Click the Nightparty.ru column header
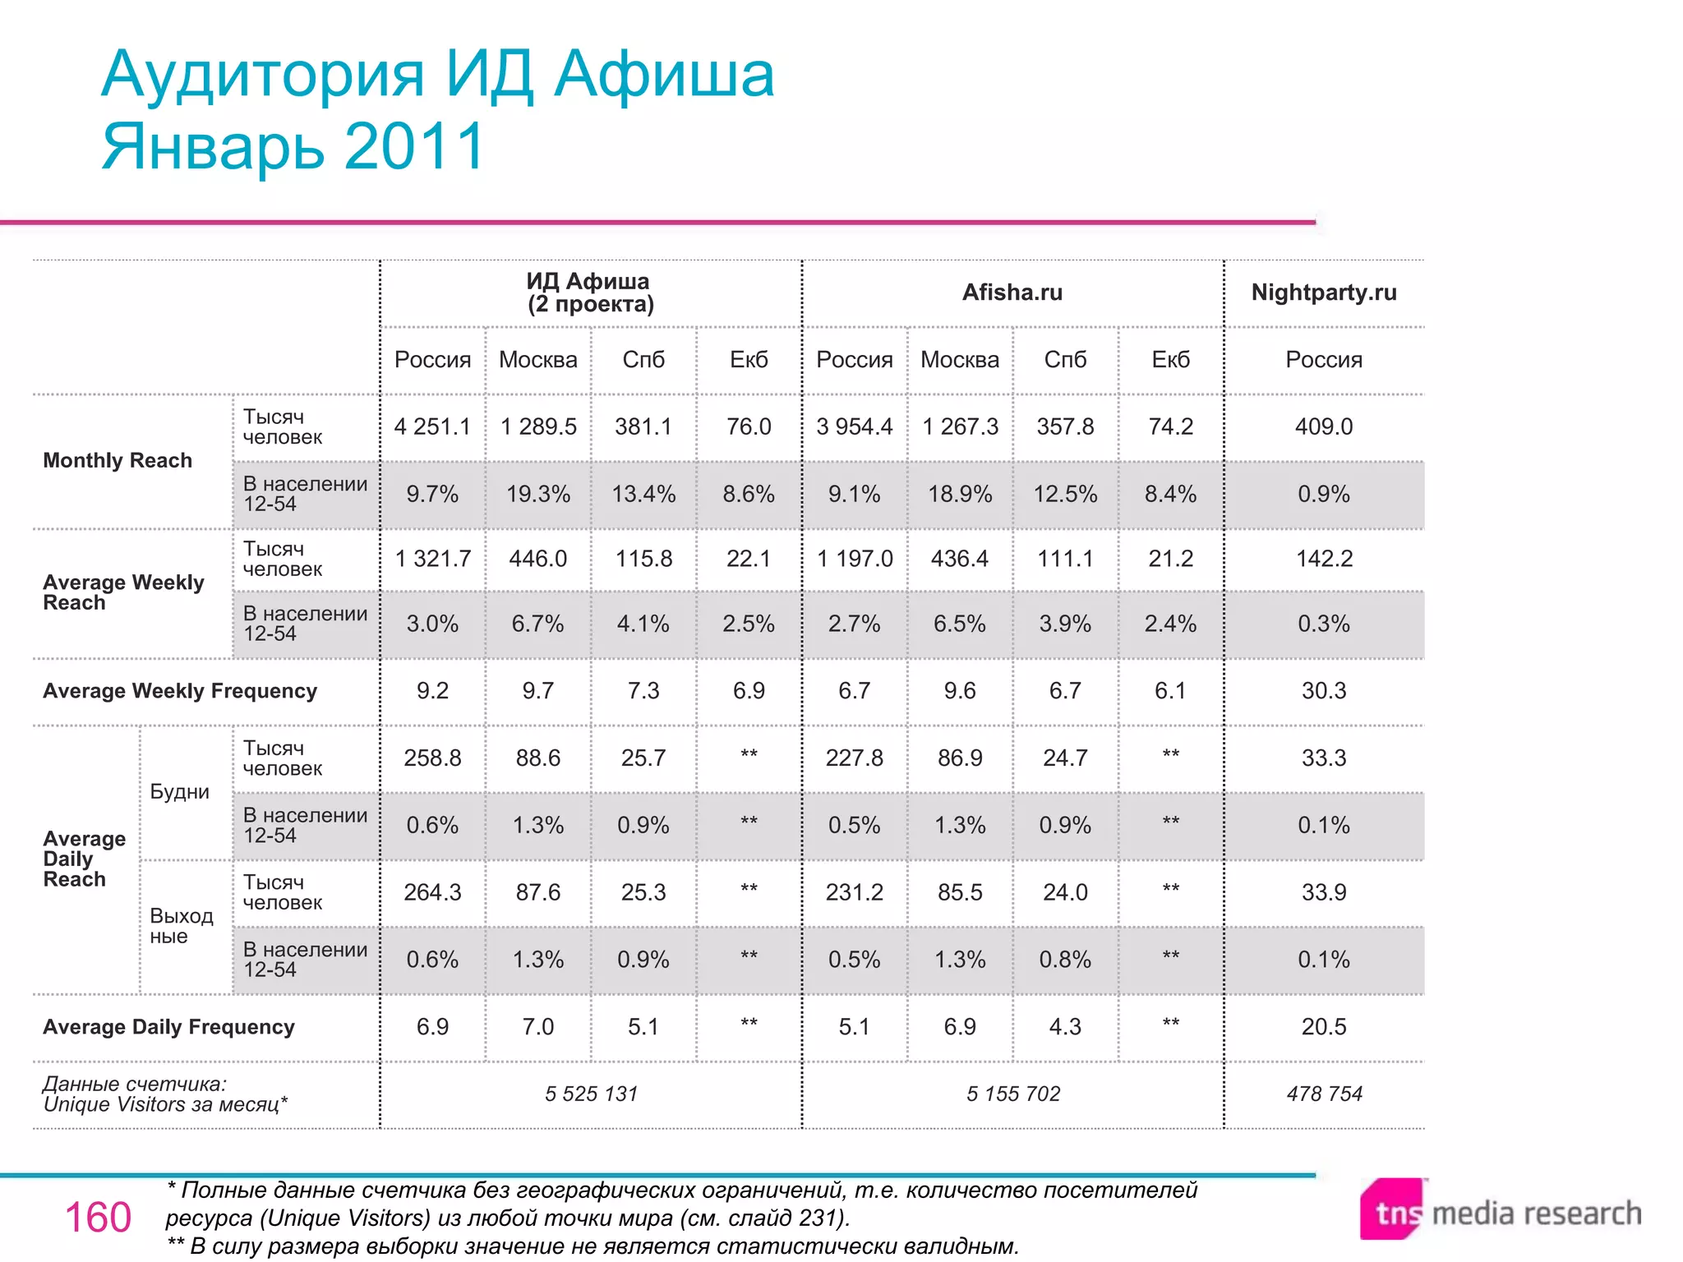(1323, 292)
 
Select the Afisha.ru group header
(1012, 292)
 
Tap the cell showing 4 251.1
(432, 426)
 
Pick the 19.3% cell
(537, 494)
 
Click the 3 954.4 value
(854, 426)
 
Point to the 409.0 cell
(1323, 426)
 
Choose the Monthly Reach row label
(118, 460)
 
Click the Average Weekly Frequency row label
(180, 691)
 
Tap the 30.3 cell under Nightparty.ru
(1323, 691)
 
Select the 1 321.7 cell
(432, 559)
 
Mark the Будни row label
(180, 792)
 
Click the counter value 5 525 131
(591, 1094)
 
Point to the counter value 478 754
(1324, 1094)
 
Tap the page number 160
(98, 1218)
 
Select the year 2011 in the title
(415, 146)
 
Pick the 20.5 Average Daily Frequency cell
(1323, 1026)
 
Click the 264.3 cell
(432, 892)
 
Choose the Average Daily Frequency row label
(168, 1027)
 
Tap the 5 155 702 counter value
(1012, 1094)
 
